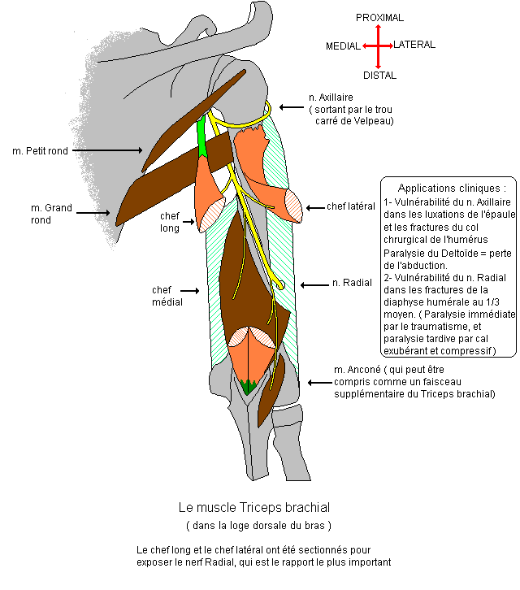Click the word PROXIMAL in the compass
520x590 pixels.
(379, 17)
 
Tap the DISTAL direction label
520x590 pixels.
(379, 75)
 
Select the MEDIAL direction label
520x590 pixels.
(342, 46)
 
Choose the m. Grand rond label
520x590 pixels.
(51, 214)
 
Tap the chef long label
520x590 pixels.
(169, 221)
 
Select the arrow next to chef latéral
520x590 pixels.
(314, 207)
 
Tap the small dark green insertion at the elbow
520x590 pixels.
(248, 387)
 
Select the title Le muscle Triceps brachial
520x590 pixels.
(254, 507)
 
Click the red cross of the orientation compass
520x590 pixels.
(378, 46)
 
